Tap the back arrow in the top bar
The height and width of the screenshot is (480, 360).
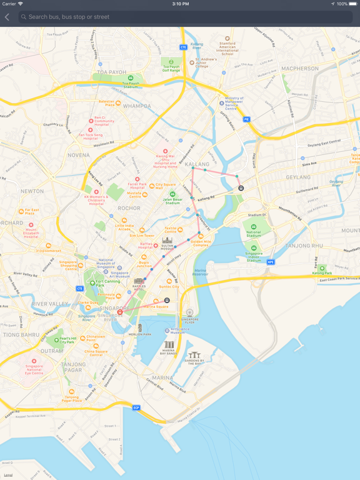pyautogui.click(x=7, y=17)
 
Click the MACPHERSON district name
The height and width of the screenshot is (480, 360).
pyautogui.click(x=299, y=68)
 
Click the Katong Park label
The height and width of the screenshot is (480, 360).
pyautogui.click(x=322, y=273)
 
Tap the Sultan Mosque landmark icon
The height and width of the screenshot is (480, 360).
pyautogui.click(x=167, y=241)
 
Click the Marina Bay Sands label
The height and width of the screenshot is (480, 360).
pyautogui.click(x=169, y=352)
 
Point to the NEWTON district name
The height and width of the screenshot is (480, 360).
pyautogui.click(x=32, y=191)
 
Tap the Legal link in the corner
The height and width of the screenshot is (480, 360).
pyautogui.click(x=8, y=476)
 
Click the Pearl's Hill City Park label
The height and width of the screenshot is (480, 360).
pyautogui.click(x=64, y=341)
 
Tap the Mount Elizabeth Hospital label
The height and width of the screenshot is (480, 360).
pyautogui.click(x=31, y=232)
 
